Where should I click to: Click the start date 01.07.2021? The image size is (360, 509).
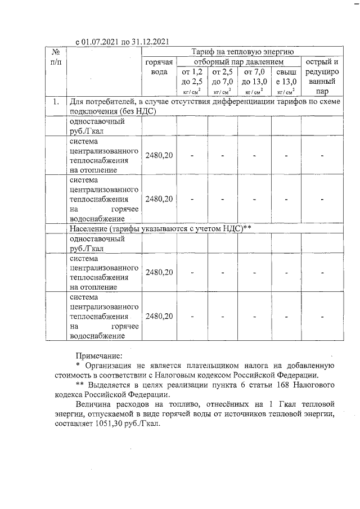point(103,41)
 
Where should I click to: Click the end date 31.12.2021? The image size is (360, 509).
point(147,41)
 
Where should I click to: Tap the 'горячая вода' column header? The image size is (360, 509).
point(159,67)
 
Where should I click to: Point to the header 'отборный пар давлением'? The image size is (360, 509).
point(238,61)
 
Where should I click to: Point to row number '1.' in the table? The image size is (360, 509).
point(56,102)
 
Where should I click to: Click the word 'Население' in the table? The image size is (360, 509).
point(89,228)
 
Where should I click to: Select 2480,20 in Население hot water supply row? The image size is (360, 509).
point(159,316)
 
